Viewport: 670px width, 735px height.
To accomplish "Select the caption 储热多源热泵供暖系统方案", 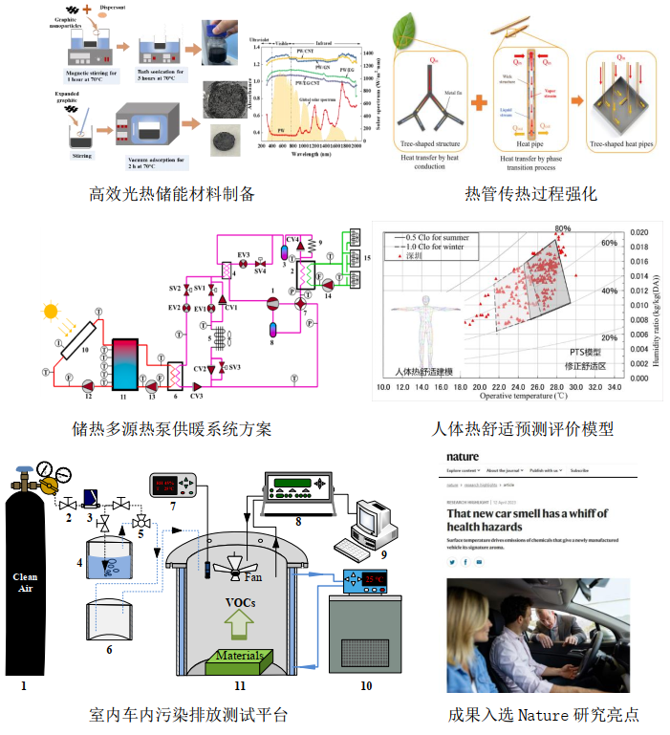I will pos(172,428).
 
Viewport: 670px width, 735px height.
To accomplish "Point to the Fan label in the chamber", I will pos(252,576).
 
